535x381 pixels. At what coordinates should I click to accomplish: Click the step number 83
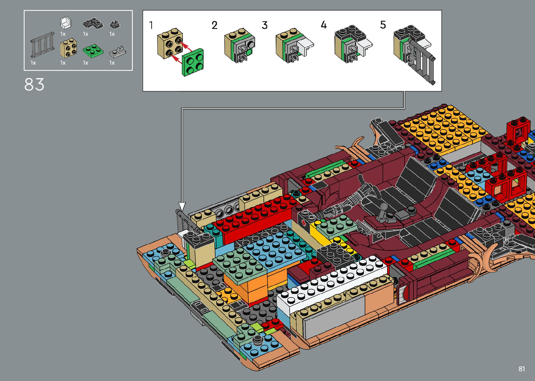coord(34,84)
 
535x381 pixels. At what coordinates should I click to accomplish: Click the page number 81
coord(522,369)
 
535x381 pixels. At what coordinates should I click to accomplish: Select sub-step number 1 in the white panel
coord(151,25)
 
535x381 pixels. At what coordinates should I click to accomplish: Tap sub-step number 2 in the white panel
coord(215,25)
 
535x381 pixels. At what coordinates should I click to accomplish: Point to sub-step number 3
coord(265,25)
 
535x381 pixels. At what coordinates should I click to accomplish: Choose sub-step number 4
coord(324,24)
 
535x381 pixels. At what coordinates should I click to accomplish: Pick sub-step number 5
coord(383,24)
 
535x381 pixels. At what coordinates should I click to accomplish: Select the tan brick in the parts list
coord(68,48)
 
